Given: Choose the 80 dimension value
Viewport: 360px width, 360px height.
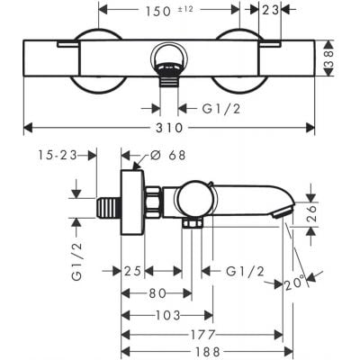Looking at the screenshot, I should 156,292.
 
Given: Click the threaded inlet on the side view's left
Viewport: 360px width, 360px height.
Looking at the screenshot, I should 110,205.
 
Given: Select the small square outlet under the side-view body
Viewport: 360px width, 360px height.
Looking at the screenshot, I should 191,222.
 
